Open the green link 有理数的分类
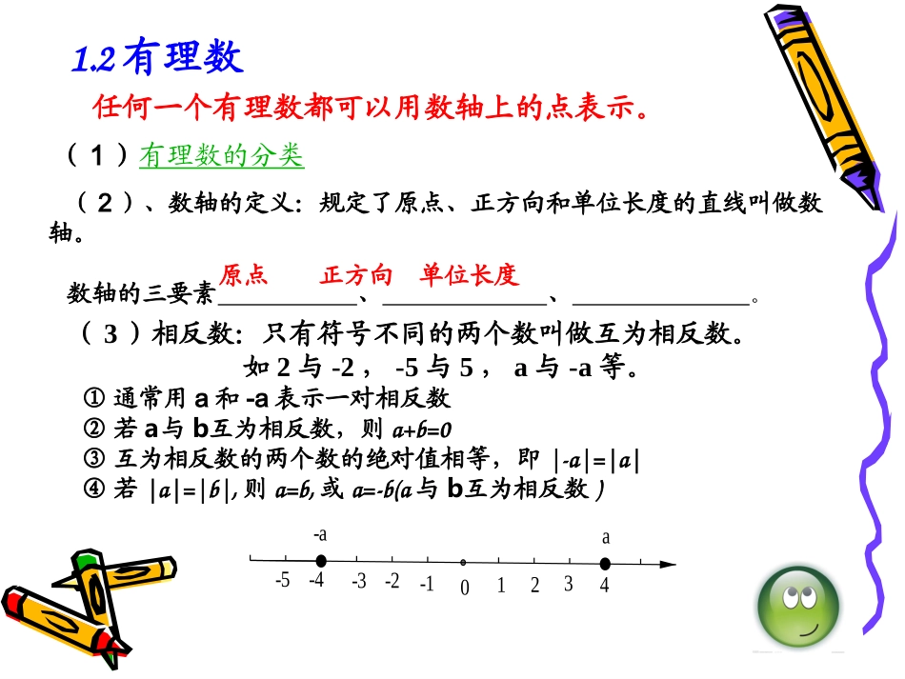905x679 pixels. pyautogui.click(x=221, y=155)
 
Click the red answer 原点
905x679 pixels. pyautogui.click(x=244, y=276)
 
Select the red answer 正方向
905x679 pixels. pyautogui.click(x=356, y=276)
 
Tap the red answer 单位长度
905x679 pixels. pyautogui.click(x=469, y=276)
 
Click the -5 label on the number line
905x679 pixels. pyautogui.click(x=281, y=580)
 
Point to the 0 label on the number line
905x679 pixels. pyautogui.click(x=465, y=588)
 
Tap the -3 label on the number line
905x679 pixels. pyautogui.click(x=357, y=581)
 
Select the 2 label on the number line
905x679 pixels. pyautogui.click(x=535, y=585)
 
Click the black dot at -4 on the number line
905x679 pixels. pyautogui.click(x=321, y=561)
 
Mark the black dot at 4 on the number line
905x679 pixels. pyautogui.click(x=604, y=563)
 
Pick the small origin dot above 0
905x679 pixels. pyautogui.click(x=464, y=563)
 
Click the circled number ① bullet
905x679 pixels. pyautogui.click(x=93, y=398)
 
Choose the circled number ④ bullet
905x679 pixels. pyautogui.click(x=93, y=489)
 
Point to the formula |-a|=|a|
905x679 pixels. pyautogui.click(x=596, y=460)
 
